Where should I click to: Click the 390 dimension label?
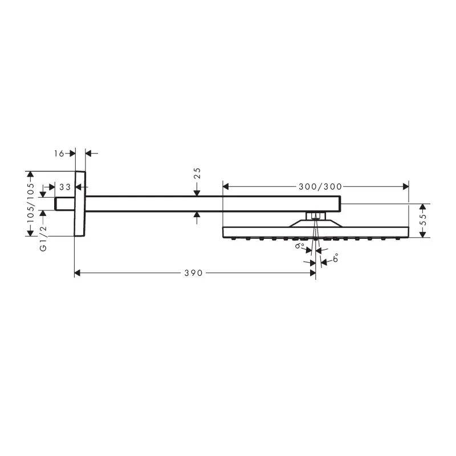pyautogui.click(x=193, y=273)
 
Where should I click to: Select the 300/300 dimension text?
pyautogui.click(x=320, y=187)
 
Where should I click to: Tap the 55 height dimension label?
pyautogui.click(x=424, y=219)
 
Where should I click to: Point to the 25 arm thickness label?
pyautogui.click(x=197, y=173)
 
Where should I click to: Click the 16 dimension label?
pyautogui.click(x=59, y=153)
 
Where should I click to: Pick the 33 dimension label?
pyautogui.click(x=65, y=187)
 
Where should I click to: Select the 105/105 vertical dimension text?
pyautogui.click(x=31, y=203)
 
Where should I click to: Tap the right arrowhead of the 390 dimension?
pyautogui.click(x=313, y=273)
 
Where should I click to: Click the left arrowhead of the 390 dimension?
pyautogui.click(x=78, y=273)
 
